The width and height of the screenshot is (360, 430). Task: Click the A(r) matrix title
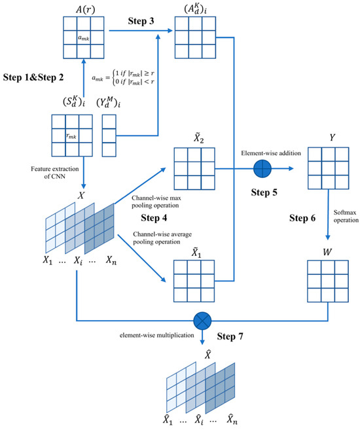(79, 8)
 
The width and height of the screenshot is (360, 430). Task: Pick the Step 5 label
(262, 194)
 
